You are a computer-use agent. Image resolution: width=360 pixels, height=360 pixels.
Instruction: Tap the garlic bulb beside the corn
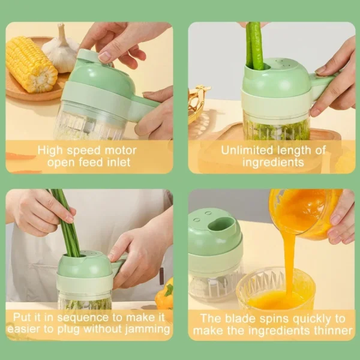[62, 50]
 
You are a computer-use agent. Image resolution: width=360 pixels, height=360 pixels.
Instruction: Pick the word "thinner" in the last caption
[329, 331]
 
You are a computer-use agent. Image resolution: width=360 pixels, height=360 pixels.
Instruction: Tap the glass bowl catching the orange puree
[275, 288]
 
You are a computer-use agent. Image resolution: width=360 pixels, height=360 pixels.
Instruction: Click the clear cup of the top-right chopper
[276, 126]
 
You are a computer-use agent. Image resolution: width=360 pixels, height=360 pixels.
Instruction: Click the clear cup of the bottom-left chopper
[85, 300]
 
